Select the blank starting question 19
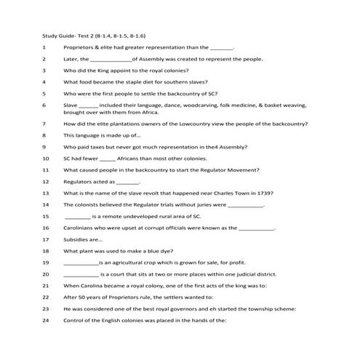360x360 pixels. tap(80, 263)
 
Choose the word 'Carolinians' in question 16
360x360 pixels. tap(81, 228)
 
